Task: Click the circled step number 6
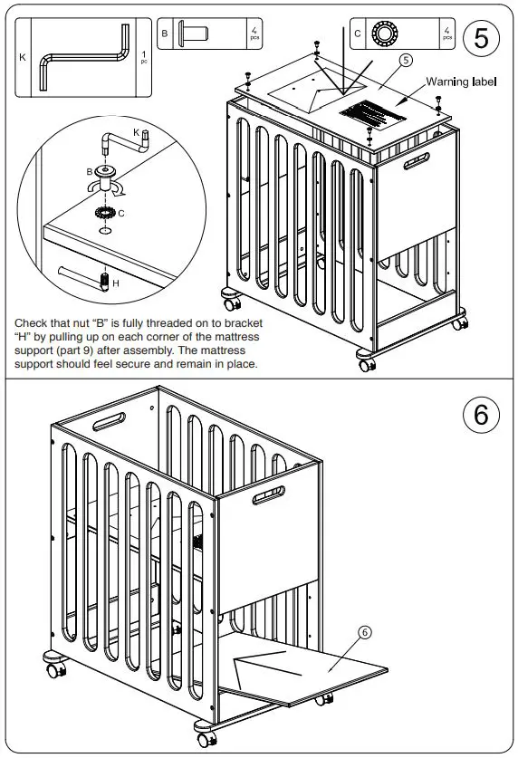(x=481, y=414)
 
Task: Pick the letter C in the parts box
(x=358, y=34)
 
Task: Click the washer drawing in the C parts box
(x=386, y=34)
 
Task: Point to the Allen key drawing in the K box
(x=85, y=57)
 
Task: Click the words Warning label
(x=460, y=82)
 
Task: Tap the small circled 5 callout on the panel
(x=406, y=61)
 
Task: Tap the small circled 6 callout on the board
(x=364, y=633)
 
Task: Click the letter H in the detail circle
(x=114, y=283)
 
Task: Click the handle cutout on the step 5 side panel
(x=419, y=166)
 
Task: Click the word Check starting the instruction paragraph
(x=33, y=322)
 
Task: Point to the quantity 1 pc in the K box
(x=142, y=57)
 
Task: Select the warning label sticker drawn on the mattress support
(x=371, y=116)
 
